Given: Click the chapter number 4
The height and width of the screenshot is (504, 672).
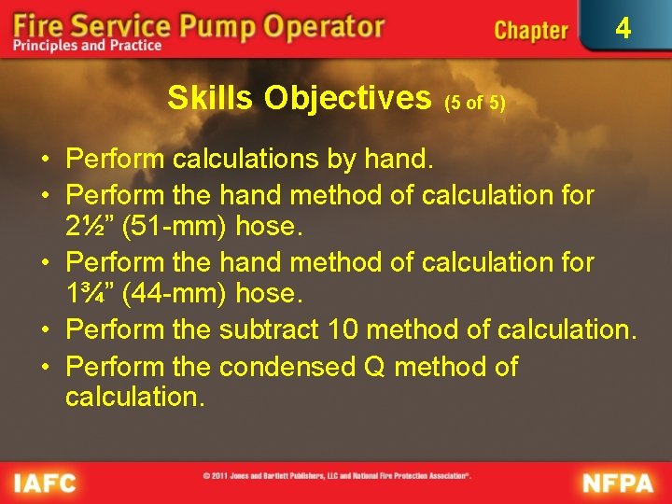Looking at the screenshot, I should pos(623,29).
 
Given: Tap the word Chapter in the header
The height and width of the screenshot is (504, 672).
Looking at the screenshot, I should pos(530,30).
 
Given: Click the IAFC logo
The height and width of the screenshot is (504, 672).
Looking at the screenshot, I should pos(44,483).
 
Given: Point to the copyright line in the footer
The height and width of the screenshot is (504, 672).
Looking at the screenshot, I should pos(337,476).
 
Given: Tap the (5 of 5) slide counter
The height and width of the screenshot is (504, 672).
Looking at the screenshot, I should pos(475,103).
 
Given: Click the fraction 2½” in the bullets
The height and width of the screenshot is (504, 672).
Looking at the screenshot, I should pos(91,227).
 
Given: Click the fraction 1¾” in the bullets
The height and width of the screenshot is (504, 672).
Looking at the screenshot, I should pos(91,294).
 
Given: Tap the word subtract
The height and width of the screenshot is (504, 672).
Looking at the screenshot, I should pos(269,329).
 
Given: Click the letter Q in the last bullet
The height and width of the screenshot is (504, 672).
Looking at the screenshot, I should pos(375,366).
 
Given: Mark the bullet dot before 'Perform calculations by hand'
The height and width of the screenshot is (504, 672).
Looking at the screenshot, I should pos(44,160).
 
